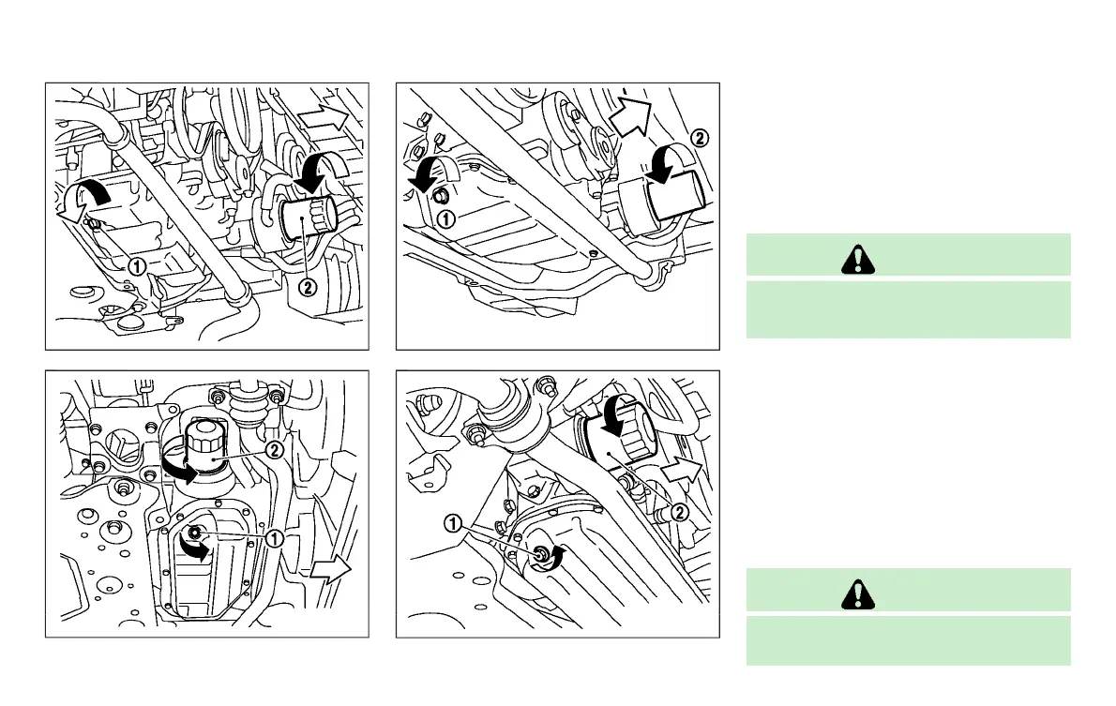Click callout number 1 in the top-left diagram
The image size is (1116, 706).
(x=136, y=265)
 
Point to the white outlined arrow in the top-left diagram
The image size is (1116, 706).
(x=324, y=117)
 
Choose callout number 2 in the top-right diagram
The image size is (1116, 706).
(x=699, y=137)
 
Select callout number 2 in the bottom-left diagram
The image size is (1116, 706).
(x=275, y=450)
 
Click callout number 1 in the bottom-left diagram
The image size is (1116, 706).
(x=275, y=538)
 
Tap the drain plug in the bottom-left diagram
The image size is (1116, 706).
(x=194, y=534)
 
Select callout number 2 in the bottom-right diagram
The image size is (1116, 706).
(x=681, y=512)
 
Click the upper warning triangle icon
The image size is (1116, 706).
(x=855, y=256)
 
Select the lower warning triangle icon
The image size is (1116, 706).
(x=855, y=592)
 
